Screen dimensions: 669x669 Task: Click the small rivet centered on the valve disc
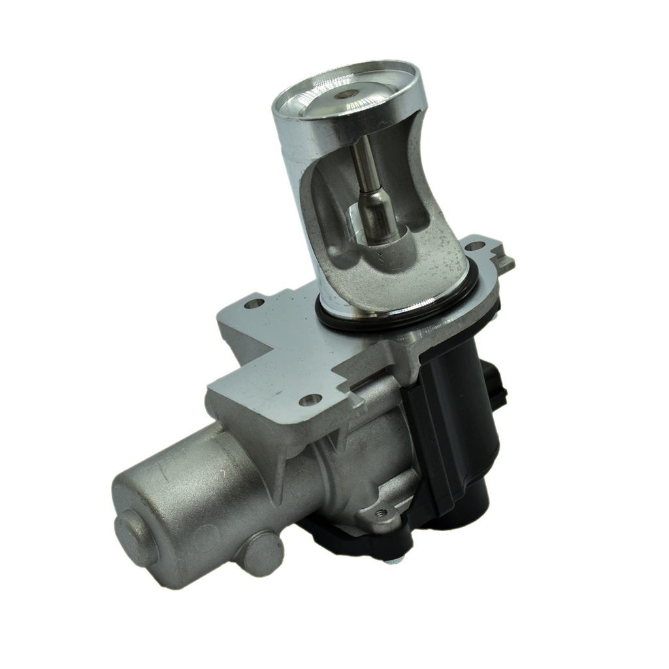click(346, 93)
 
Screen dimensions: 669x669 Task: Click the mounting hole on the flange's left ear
click(254, 303)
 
